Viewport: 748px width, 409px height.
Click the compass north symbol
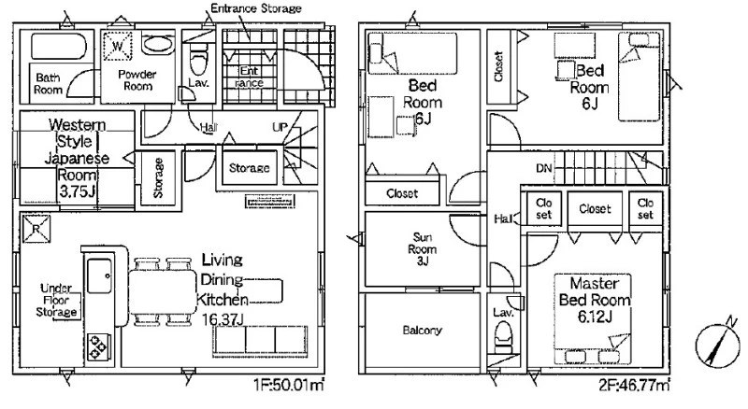(717, 344)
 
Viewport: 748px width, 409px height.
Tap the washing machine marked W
(118, 47)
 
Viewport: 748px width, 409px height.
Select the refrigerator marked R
(36, 230)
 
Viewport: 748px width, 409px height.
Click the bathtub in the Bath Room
(59, 47)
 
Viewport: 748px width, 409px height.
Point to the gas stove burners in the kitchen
(98, 346)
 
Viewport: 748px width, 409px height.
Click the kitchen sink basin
(99, 276)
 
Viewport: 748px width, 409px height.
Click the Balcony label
(423, 331)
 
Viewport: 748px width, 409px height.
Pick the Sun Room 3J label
(423, 248)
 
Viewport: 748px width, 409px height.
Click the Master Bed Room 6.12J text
(595, 300)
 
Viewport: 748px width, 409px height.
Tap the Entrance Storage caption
(256, 8)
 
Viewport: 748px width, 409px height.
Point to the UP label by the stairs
(280, 127)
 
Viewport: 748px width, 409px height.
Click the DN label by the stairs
(544, 168)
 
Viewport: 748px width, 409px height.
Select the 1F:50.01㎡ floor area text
(289, 384)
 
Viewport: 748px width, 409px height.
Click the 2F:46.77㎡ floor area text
(635, 384)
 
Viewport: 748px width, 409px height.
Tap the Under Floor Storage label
(57, 301)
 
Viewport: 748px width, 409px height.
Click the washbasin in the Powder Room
(157, 44)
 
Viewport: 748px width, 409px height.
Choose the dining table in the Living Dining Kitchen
(163, 291)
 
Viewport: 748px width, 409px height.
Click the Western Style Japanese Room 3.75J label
(77, 158)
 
